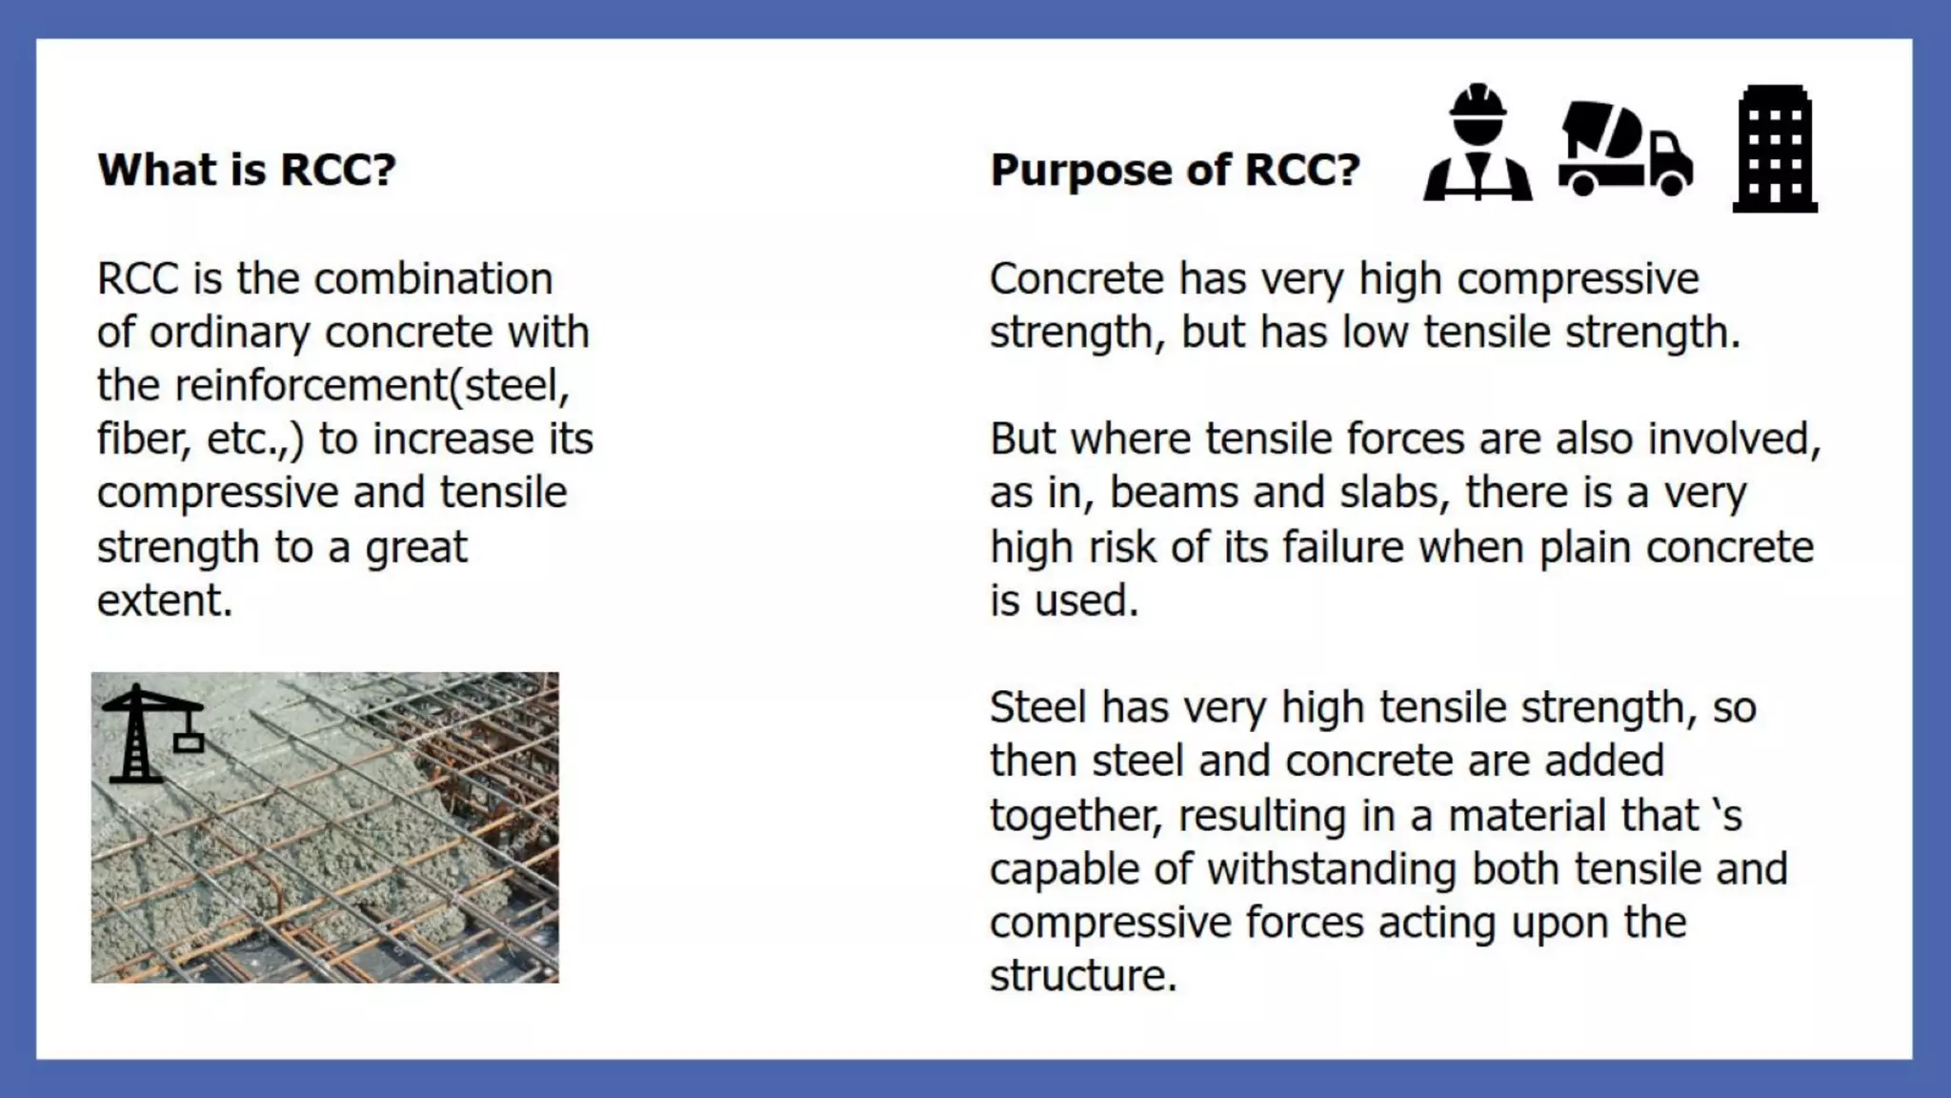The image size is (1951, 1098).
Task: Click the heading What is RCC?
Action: tap(246, 170)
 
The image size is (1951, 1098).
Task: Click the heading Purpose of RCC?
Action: tap(1175, 170)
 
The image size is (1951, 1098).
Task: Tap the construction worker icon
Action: tap(1478, 145)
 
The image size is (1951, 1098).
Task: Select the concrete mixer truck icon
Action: tap(1625, 149)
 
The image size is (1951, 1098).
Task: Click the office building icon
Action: tap(1774, 149)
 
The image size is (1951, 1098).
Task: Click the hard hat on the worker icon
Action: tap(1478, 100)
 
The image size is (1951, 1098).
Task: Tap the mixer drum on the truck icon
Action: tap(1600, 128)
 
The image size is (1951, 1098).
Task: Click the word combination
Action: tap(433, 279)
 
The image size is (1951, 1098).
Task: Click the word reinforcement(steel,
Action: tap(372, 386)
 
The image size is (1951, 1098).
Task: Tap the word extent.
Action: tap(164, 600)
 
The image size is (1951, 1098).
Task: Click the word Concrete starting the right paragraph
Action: tap(1076, 279)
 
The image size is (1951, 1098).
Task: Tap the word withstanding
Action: tap(1334, 869)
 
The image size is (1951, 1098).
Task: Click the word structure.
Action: tap(1082, 976)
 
